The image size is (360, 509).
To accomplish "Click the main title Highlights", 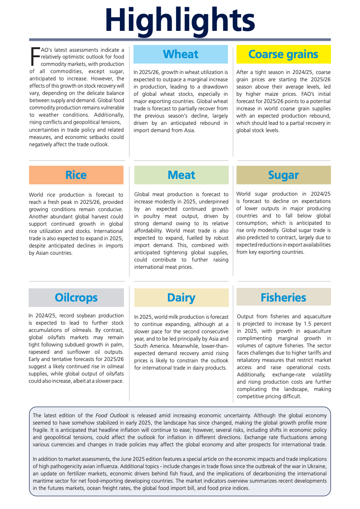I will coord(180,20).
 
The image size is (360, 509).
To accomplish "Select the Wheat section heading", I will coord(180,54).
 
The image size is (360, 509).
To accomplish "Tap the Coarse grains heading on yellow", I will coord(283,54).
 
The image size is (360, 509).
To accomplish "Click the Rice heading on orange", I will coord(76,175).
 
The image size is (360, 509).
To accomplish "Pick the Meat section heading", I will coord(181,175).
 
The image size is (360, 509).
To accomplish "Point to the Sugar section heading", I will coord(283,175).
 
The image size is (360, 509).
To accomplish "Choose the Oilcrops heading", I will coord(76,298).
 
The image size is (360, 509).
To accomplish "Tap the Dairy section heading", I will coord(181,298).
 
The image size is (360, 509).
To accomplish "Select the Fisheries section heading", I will coord(283,298).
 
